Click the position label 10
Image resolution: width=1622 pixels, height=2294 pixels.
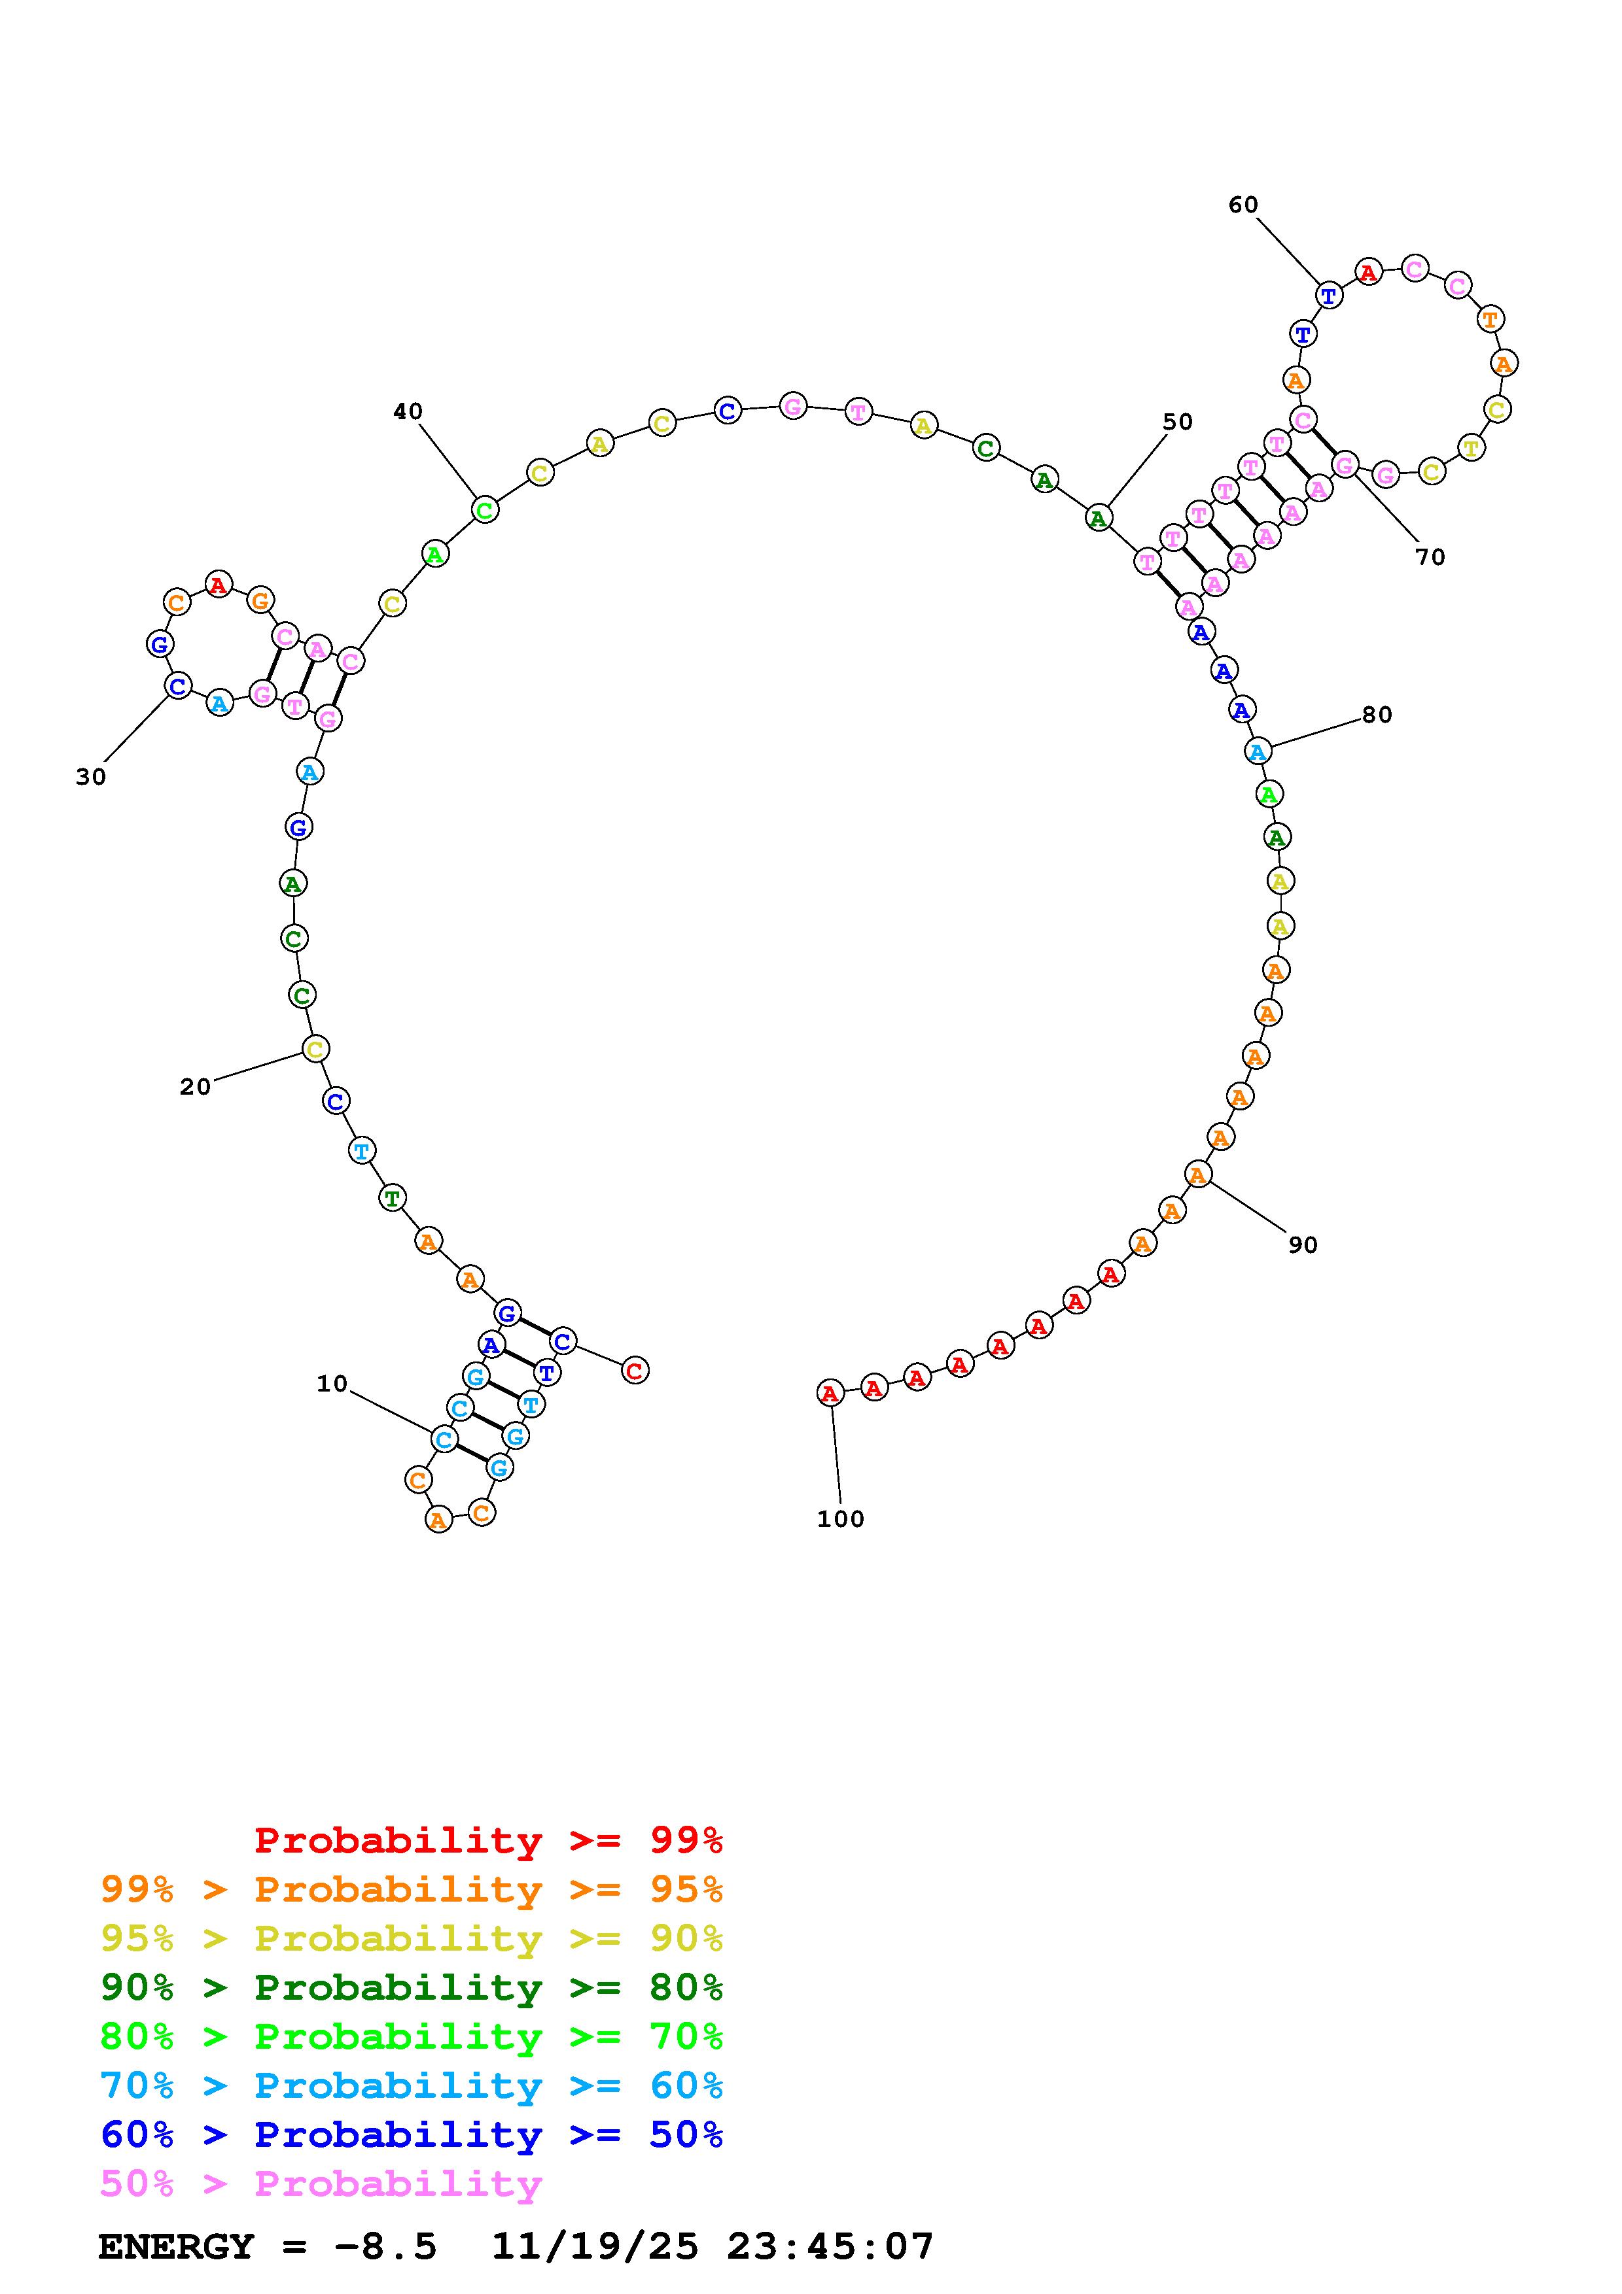click(x=332, y=1384)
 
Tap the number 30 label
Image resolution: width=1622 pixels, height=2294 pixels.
click(x=91, y=778)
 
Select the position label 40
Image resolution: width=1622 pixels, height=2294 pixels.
click(x=408, y=411)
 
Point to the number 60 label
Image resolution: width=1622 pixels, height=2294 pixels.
click(x=1243, y=205)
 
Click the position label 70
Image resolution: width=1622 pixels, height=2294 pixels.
click(x=1430, y=558)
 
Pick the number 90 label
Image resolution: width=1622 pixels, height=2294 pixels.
click(x=1302, y=1245)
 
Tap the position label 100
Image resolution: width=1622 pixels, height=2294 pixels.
click(x=841, y=1518)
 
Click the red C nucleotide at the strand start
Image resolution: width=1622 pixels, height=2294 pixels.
click(x=635, y=1370)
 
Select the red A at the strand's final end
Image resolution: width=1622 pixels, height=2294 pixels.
click(x=830, y=1393)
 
